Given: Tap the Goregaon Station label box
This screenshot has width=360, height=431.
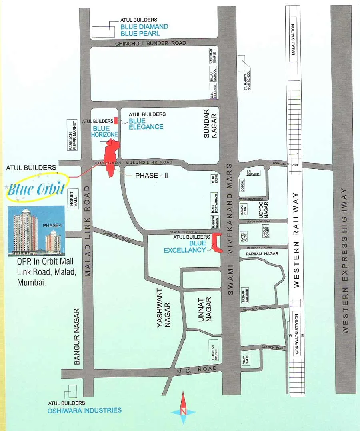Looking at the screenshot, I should click(297, 334).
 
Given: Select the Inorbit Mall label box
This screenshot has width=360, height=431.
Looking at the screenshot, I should click(73, 198).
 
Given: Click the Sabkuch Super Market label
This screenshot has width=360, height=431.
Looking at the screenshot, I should click(72, 135).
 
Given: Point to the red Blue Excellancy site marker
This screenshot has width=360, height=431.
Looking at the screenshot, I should click(216, 243).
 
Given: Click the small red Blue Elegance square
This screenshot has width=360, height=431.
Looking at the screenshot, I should click(116, 120).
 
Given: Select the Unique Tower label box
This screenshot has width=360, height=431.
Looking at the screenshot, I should click(264, 232).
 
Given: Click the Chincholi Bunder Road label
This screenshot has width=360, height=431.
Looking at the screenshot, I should click(150, 43).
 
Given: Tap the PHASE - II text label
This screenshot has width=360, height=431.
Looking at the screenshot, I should click(150, 175).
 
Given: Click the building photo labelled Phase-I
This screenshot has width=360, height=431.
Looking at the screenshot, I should click(36, 231).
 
